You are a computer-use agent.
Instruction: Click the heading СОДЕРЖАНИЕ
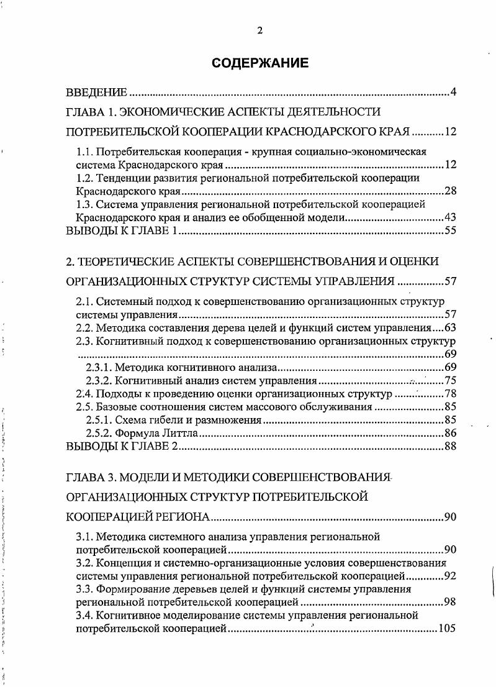[259, 63]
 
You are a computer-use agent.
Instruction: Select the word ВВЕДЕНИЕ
[97, 93]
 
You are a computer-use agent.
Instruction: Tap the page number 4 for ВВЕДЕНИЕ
[453, 93]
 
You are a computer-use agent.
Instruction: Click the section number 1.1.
[85, 151]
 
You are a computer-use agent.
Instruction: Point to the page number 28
[451, 191]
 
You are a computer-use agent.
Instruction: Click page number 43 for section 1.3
[451, 218]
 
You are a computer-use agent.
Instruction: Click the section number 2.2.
[85, 328]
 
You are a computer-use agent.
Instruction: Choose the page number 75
[451, 381]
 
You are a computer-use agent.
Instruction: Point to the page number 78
[451, 394]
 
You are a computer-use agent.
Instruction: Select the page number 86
[451, 433]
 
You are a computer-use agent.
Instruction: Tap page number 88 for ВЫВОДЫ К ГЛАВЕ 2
[451, 447]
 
